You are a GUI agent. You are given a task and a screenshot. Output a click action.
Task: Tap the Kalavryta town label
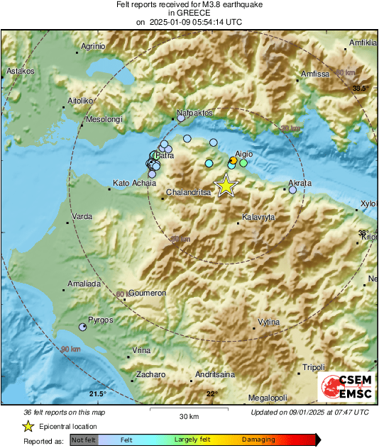pos(258,217)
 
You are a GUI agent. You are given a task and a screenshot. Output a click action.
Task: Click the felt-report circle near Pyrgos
pos(83,327)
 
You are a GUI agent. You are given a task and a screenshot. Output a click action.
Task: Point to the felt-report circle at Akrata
pos(292,189)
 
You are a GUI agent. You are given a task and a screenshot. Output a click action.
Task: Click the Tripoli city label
pos(313,367)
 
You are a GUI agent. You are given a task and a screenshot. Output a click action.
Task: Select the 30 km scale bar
pos(189,409)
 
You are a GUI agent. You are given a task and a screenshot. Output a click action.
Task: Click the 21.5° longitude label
pos(97,394)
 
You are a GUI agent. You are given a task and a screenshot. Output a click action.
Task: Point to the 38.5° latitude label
pos(361,89)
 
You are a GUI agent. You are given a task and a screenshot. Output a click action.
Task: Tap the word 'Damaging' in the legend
pos(258,440)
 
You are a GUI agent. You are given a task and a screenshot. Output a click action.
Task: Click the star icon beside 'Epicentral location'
pos(28,426)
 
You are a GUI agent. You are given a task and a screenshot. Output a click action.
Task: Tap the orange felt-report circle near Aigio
pos(234,161)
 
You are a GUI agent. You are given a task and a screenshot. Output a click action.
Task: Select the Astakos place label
pos(21,72)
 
